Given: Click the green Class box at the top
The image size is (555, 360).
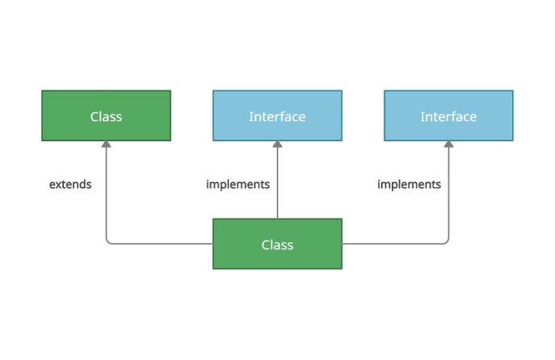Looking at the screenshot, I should click(x=106, y=115).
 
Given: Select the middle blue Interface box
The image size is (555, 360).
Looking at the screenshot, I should click(x=277, y=115).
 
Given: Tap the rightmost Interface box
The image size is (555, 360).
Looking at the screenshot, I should click(x=448, y=115).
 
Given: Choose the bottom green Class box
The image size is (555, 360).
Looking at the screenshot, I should click(x=277, y=244).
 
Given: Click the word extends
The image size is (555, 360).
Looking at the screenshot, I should click(x=70, y=184).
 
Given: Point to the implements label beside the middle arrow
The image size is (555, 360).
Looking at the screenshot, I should click(x=238, y=184).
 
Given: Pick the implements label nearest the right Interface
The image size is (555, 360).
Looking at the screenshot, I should click(x=409, y=184).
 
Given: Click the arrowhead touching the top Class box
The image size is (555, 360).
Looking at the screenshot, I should click(x=106, y=145).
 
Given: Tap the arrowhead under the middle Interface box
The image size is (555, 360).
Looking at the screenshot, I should click(x=277, y=145).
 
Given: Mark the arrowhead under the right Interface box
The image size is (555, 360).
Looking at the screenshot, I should click(x=448, y=145).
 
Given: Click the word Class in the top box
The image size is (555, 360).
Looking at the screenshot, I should click(x=106, y=116).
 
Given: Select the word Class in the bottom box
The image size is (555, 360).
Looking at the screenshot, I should click(x=277, y=245).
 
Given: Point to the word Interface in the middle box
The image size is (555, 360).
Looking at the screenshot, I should click(x=277, y=116).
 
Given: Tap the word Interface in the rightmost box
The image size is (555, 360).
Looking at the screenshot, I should click(x=448, y=116).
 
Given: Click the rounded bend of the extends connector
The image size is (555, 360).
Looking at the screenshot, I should click(x=108, y=241).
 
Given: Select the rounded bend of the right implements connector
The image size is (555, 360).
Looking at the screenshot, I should click(x=446, y=241).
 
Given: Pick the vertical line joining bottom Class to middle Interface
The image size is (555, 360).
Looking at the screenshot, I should click(x=277, y=186).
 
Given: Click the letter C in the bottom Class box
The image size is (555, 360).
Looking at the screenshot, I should click(x=266, y=245).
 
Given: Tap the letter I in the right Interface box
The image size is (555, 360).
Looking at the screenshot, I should click(x=422, y=116).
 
